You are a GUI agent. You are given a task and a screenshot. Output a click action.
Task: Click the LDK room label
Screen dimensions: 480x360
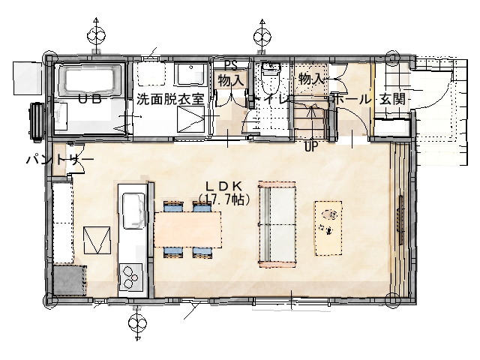225,186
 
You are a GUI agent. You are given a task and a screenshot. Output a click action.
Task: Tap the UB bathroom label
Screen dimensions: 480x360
90,99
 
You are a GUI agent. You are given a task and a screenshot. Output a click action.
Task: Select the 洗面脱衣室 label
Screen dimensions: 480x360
170,99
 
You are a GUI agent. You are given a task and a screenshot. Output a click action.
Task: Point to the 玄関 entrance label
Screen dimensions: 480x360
392,99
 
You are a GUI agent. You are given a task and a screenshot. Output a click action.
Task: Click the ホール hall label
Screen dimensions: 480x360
352,99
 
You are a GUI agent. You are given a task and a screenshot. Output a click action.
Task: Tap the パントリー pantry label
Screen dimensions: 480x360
60,159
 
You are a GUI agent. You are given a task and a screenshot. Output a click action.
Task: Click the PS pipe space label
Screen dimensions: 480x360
231,65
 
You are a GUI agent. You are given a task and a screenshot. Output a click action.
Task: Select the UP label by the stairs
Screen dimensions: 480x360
311,147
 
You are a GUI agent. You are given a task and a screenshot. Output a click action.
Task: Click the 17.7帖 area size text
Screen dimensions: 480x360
225,199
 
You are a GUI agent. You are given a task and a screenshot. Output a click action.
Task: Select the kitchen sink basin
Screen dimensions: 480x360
133,211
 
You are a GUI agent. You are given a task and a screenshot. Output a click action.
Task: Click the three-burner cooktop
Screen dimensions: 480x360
131,277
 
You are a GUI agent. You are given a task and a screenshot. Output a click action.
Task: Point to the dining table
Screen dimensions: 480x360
187,229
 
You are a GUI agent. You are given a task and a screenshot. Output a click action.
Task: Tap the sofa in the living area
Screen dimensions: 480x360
277,224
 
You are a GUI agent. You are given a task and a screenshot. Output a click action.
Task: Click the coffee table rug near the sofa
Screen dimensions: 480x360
328,228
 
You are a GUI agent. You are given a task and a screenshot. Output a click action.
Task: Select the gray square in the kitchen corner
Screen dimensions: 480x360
69,280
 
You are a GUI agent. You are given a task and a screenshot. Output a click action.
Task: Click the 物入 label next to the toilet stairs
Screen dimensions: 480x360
311,79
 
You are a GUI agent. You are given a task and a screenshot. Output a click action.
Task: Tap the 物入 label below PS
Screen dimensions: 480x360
231,81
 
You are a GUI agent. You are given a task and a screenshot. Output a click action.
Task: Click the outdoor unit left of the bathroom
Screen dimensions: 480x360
37,121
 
